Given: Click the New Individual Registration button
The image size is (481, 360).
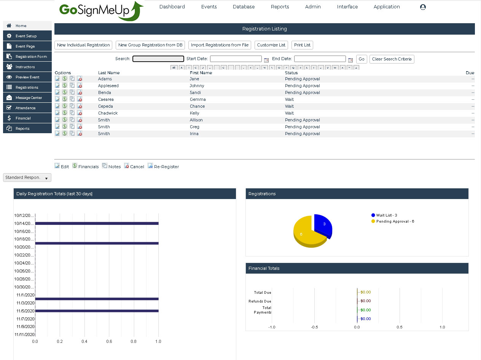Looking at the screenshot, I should click(x=83, y=45).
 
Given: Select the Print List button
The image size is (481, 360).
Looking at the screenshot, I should click(x=302, y=45).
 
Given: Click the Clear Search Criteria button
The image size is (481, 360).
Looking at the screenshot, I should click(x=392, y=59).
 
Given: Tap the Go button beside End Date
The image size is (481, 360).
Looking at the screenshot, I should click(x=362, y=59).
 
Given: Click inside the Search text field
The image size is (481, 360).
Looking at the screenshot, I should click(x=158, y=59).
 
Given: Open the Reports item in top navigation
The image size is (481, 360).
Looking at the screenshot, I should click(x=280, y=7).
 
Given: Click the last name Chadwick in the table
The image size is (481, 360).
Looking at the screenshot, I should click(x=108, y=113).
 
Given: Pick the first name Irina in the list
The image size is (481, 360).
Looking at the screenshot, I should click(x=194, y=134).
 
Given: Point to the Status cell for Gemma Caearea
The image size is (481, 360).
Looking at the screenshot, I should click(x=289, y=99).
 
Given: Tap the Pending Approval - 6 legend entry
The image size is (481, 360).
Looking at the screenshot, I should click(x=395, y=221).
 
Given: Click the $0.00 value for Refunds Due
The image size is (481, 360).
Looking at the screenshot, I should click(x=365, y=301).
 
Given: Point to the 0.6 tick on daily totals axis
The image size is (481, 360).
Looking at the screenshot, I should click(x=109, y=341).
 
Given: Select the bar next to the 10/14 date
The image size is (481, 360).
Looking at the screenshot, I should click(x=97, y=223).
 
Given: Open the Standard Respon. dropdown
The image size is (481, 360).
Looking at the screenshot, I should click(x=27, y=178).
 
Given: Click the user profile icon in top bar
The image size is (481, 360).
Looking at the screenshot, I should click(x=423, y=7).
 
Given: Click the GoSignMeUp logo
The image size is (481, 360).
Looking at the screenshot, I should click(x=101, y=11).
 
